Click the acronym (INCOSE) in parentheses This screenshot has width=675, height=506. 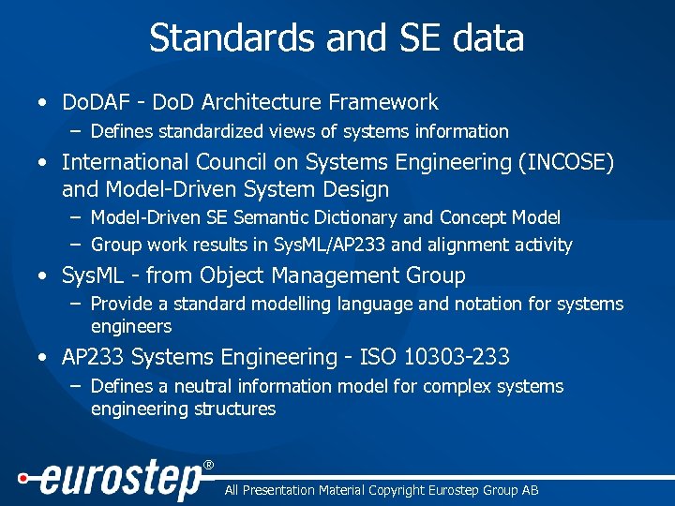[565, 163]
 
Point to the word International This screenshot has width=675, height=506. [130, 163]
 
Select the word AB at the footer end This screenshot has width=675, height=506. [530, 490]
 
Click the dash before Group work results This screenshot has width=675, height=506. [74, 246]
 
